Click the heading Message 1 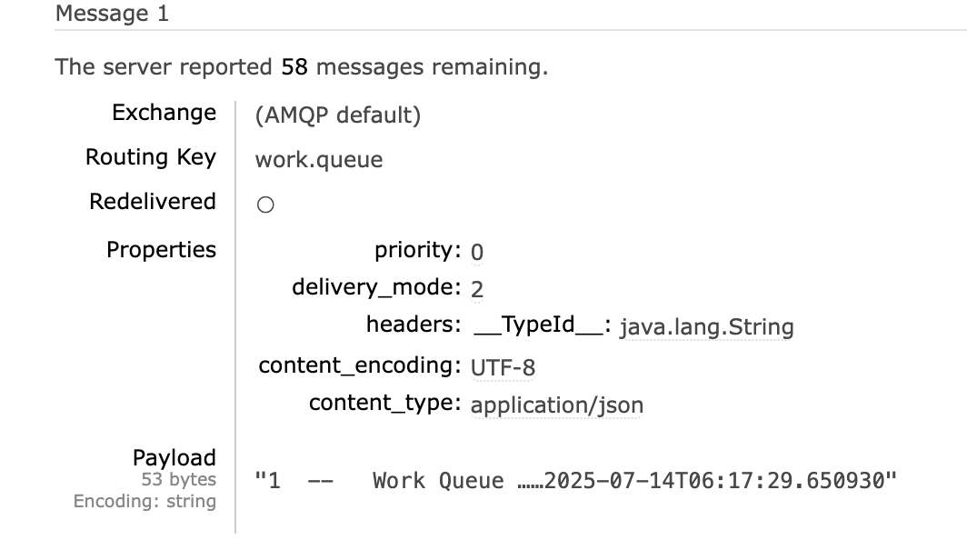pyautogui.click(x=112, y=15)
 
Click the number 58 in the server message pyautogui.click(x=294, y=67)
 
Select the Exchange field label pyautogui.click(x=164, y=113)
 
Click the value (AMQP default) pyautogui.click(x=337, y=115)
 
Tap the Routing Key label pyautogui.click(x=151, y=157)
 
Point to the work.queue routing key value pyautogui.click(x=319, y=160)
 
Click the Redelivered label pyautogui.click(x=153, y=202)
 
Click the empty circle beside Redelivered pyautogui.click(x=265, y=205)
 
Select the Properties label pyautogui.click(x=161, y=250)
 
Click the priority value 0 pyautogui.click(x=477, y=252)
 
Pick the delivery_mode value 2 pyautogui.click(x=477, y=289)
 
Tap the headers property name pyautogui.click(x=414, y=325)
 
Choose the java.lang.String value pyautogui.click(x=706, y=327)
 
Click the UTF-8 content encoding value pyautogui.click(x=503, y=367)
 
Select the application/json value pyautogui.click(x=556, y=405)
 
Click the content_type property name pyautogui.click(x=384, y=403)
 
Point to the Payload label pyautogui.click(x=174, y=457)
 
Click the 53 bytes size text pyautogui.click(x=178, y=479)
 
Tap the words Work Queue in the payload pyautogui.click(x=438, y=481)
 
